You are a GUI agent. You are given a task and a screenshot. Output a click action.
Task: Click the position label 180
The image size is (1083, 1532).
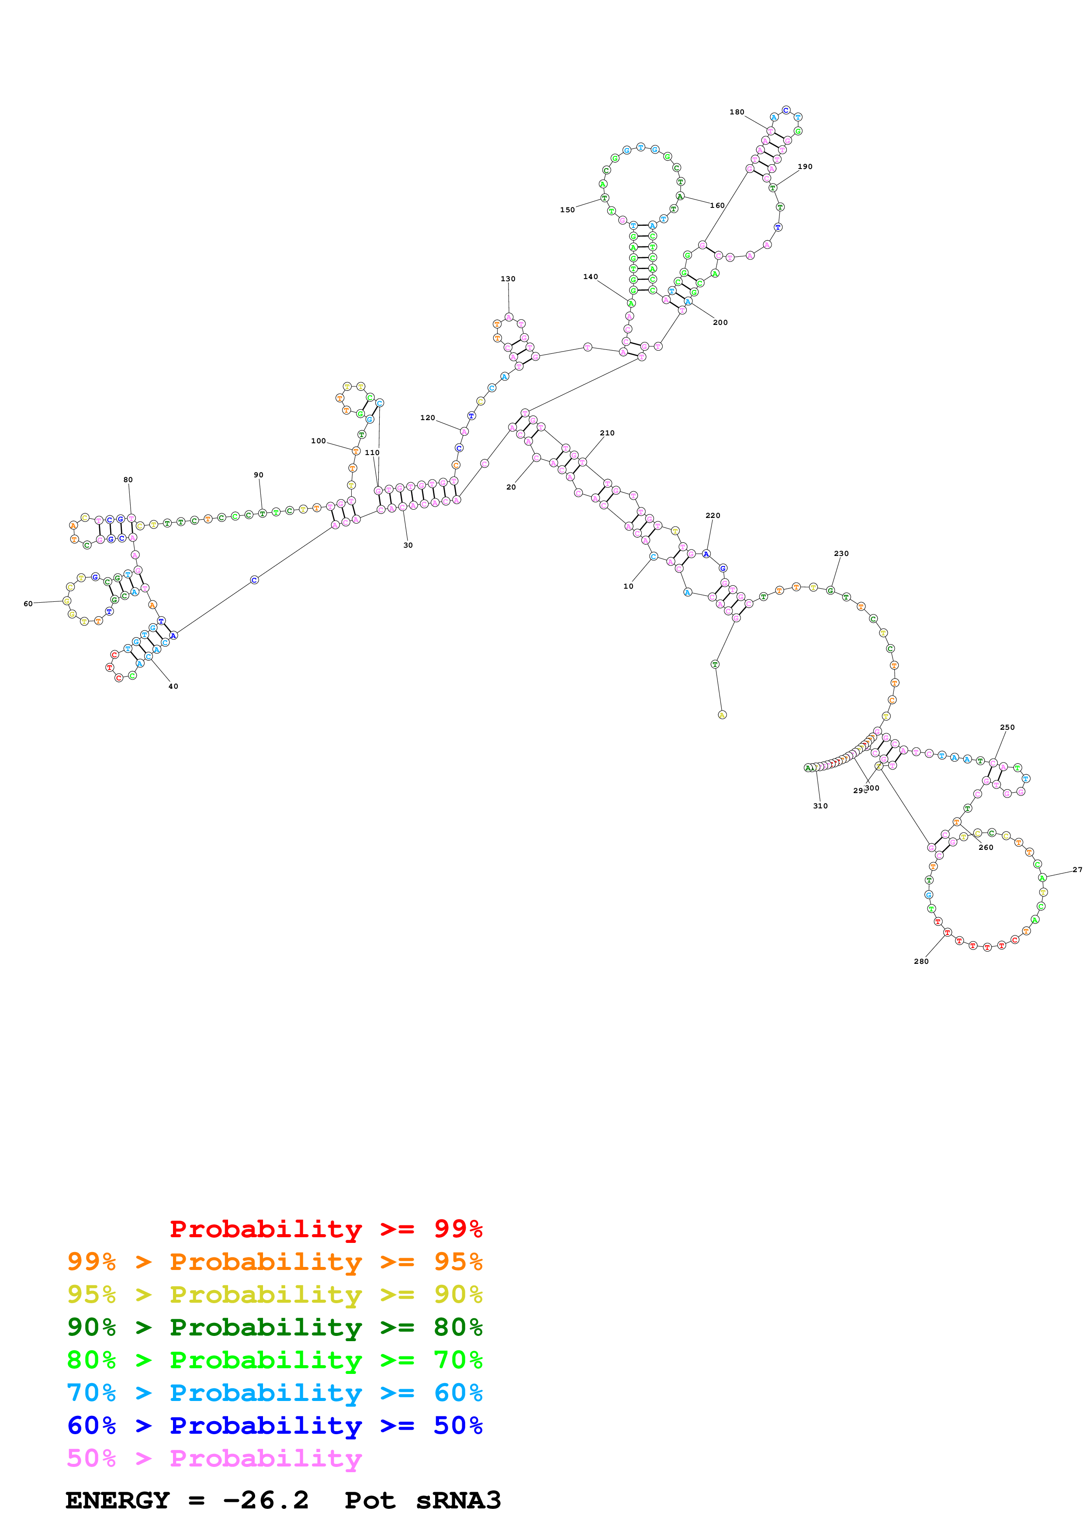[x=736, y=112]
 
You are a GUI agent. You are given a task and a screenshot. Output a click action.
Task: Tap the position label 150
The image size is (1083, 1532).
[x=567, y=210]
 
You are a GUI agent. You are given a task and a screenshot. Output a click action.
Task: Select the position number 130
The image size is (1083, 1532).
[x=508, y=279]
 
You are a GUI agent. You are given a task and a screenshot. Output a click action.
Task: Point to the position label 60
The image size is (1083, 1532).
[x=28, y=604]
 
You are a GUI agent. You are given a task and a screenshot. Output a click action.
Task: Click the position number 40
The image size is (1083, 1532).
[x=173, y=686]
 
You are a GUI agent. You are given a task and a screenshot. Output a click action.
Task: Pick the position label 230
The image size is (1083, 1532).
[x=841, y=553]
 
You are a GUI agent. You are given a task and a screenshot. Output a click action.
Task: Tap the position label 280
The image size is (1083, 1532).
[x=921, y=961]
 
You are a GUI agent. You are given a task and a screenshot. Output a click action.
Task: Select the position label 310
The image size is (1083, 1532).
[x=820, y=806]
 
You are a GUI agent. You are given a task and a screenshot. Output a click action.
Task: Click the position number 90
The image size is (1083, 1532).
[x=258, y=475]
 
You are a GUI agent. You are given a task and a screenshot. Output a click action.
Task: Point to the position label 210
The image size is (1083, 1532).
[x=606, y=433]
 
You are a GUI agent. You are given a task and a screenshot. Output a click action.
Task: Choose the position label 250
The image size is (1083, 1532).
[x=1007, y=727]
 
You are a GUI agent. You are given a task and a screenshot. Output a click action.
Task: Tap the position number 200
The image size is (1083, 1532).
[x=720, y=322]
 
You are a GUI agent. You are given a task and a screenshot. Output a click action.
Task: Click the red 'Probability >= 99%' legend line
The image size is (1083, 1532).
[x=325, y=1228]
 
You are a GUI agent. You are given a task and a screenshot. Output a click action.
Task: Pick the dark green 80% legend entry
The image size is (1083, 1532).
[x=274, y=1327]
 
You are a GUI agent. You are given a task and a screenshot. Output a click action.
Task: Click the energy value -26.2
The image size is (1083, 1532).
[x=266, y=1500]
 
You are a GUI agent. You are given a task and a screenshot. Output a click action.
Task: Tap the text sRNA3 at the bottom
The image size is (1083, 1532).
[x=458, y=1500]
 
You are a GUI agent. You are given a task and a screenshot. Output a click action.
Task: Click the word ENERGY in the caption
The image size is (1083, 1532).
[x=118, y=1500]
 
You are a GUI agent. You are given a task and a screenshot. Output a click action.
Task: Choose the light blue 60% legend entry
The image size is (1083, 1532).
[x=274, y=1393]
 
